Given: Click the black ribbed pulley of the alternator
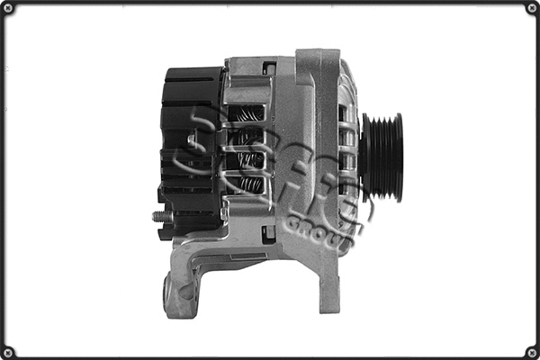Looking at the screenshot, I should click(382, 157).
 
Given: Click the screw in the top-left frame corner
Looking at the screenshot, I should click(8, 8).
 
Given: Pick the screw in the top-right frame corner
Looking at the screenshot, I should click(531, 8).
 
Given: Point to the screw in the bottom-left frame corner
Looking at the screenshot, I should click(8, 351).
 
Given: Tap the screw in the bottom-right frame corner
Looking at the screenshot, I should click(531, 351).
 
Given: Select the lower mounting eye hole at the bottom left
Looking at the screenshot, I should click(169, 290).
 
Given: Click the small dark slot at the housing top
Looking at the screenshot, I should click(268, 67).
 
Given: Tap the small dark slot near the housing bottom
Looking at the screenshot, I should click(267, 234).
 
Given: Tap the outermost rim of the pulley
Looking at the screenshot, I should click(397, 157).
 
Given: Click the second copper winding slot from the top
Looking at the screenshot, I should click(249, 137).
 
